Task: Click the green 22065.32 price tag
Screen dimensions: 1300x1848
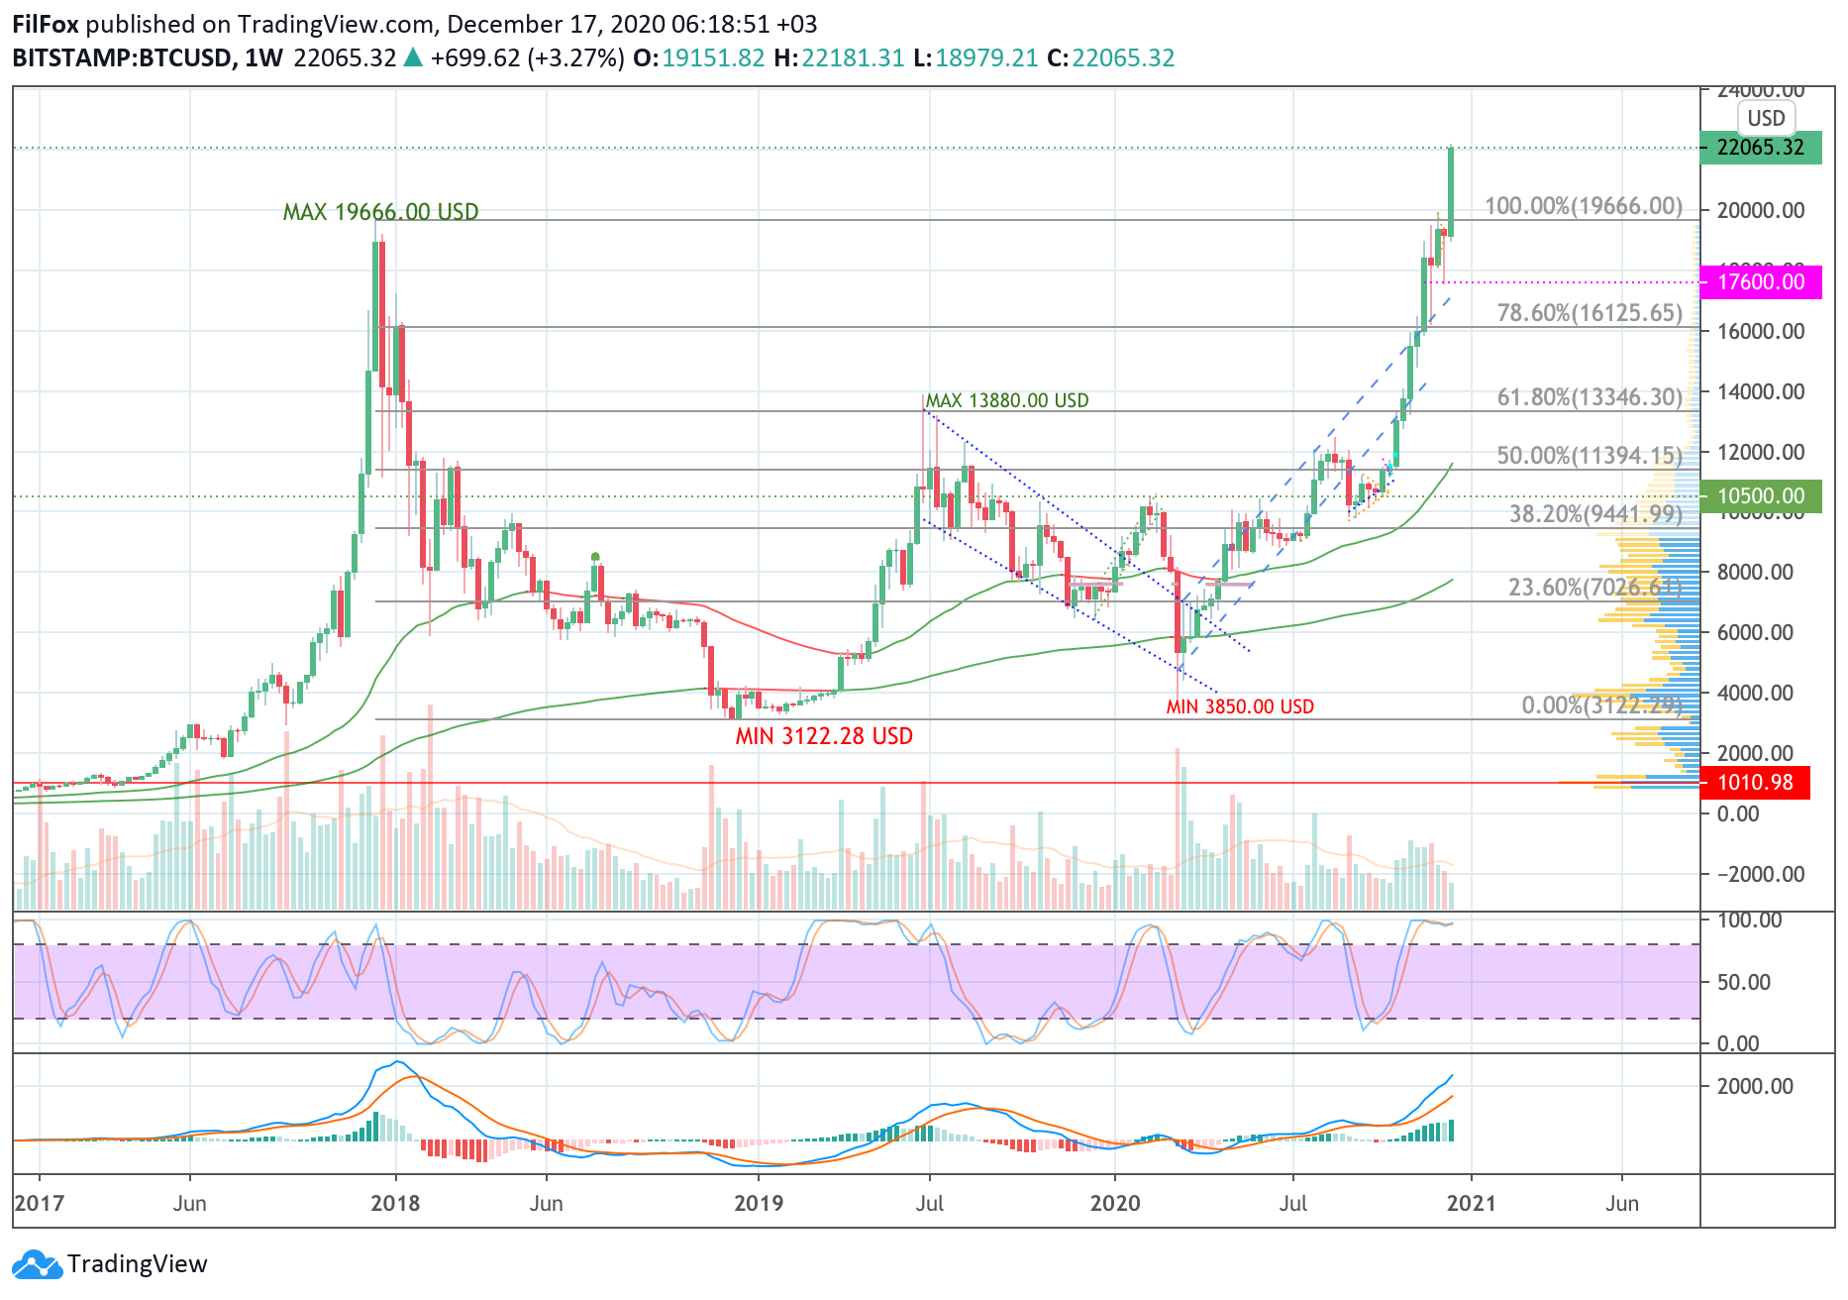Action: (x=1760, y=148)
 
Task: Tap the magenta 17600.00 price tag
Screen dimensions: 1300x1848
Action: (x=1760, y=281)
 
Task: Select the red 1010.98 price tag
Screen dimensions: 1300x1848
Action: (x=1754, y=783)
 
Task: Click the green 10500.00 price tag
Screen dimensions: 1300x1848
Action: (x=1760, y=495)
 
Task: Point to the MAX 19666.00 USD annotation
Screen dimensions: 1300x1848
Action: (x=380, y=212)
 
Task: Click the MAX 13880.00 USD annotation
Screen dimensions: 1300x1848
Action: (x=1006, y=400)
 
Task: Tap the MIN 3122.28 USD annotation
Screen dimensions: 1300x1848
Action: (x=824, y=736)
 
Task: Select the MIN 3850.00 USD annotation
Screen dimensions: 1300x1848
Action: (x=1240, y=706)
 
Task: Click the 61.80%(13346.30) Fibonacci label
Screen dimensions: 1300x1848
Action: (x=1590, y=397)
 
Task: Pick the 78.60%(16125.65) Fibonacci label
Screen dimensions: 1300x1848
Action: (x=1590, y=313)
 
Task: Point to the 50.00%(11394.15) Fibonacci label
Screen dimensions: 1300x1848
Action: (x=1590, y=456)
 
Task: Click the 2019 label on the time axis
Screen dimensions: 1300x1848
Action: (x=759, y=1203)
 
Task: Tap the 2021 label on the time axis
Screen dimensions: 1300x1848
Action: (x=1472, y=1203)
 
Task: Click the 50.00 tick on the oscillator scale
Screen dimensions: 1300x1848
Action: (x=1743, y=982)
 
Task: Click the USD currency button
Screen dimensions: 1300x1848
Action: (x=1766, y=119)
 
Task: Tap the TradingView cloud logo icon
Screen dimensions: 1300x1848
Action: (x=37, y=1265)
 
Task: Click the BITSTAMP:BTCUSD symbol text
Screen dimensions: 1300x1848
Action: (x=122, y=58)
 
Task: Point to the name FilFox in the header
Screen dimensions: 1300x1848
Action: (x=46, y=24)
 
